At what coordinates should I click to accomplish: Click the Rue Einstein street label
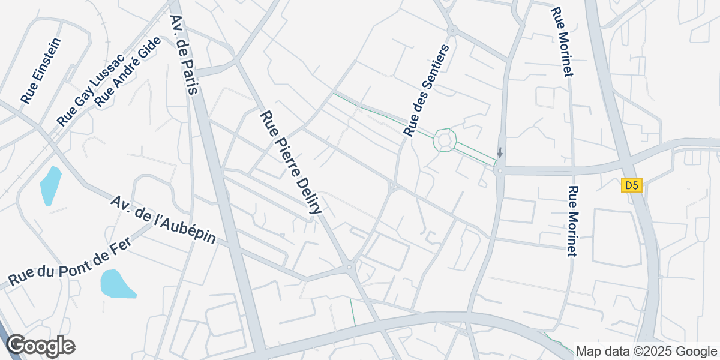point(41,71)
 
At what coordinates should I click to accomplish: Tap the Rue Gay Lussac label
point(90,90)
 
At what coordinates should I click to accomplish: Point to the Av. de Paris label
point(184,55)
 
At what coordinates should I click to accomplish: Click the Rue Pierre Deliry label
point(292,162)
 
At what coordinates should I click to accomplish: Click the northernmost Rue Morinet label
point(562,42)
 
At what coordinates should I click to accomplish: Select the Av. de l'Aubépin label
point(163,219)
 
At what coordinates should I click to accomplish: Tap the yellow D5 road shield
point(632,186)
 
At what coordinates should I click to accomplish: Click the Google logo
point(40,346)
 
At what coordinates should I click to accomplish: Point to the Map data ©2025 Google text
point(646,351)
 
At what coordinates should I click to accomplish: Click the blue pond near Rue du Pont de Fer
point(116,283)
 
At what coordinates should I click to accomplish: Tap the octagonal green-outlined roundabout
point(445,140)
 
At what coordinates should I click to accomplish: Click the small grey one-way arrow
point(500,153)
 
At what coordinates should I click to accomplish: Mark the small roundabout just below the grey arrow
point(499,171)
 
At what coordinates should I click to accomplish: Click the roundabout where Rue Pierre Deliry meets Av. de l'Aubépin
point(349,267)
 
